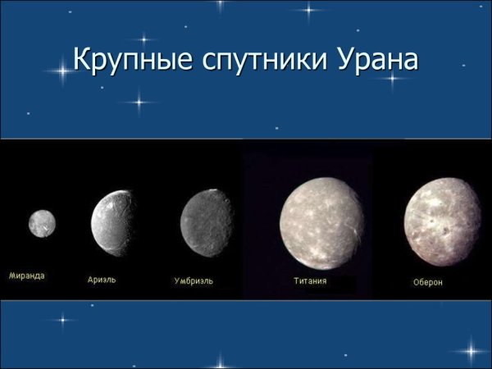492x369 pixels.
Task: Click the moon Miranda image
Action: [41, 221]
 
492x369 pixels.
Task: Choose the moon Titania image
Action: [321, 222]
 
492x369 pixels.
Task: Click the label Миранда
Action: [27, 276]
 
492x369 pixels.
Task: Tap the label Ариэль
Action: [102, 279]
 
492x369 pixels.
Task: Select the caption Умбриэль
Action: [194, 280]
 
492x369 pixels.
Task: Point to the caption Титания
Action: [310, 280]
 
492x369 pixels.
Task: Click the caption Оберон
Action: [428, 282]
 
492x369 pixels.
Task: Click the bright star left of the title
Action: [59, 71]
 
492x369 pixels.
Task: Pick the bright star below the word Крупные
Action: [140, 102]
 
